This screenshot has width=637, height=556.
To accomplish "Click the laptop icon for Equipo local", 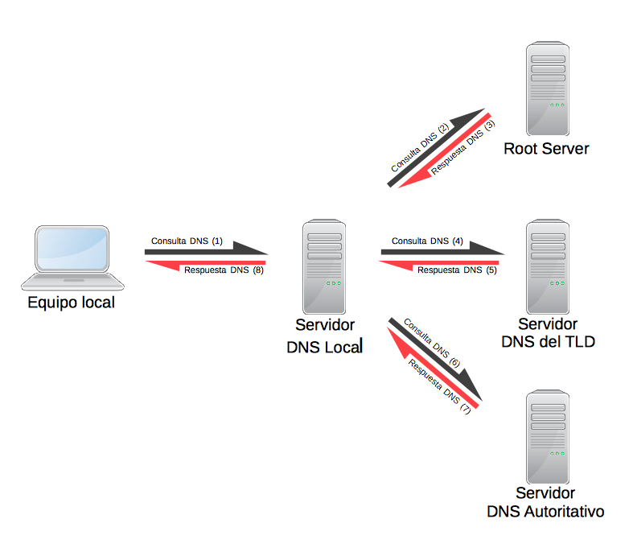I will [72, 257].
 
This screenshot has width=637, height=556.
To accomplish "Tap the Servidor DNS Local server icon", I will [323, 268].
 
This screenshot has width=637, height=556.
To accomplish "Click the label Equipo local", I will [72, 303].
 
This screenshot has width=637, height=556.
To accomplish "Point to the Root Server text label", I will [546, 149].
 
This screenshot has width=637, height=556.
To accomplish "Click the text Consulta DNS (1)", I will [187, 241].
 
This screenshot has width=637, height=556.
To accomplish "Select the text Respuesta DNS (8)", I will [224, 270].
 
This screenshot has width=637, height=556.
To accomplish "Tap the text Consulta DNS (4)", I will [427, 241].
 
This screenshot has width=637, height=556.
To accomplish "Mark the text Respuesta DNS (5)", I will [457, 270].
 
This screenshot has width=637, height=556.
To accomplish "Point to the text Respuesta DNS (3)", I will [463, 148].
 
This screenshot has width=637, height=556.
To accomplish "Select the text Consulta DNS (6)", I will [431, 342].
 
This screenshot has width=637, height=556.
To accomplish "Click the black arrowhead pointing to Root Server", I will [469, 118].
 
